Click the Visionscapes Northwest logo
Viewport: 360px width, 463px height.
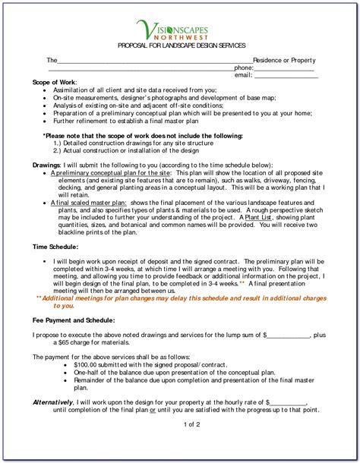click(180, 32)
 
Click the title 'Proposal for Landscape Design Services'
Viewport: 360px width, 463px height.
click(179, 48)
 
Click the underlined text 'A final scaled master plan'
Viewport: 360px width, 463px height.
click(88, 203)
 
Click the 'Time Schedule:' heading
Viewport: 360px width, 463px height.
click(55, 248)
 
